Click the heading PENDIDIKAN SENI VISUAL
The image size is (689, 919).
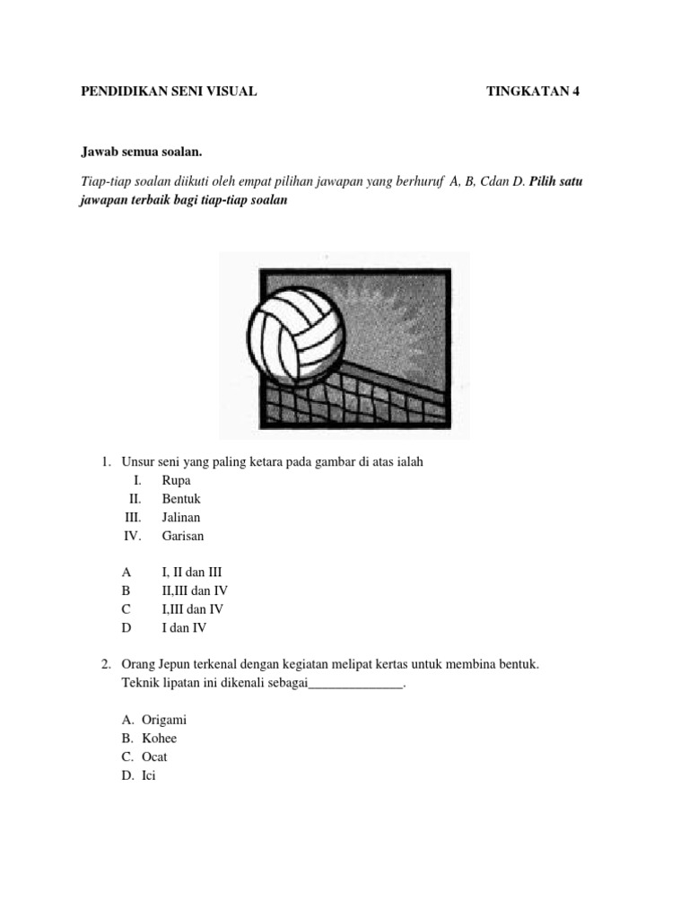click(170, 92)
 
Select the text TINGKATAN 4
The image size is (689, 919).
click(528, 92)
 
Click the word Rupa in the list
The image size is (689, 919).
click(177, 480)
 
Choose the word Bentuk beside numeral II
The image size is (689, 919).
click(181, 499)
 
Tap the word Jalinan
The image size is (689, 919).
click(181, 518)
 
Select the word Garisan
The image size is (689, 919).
click(183, 537)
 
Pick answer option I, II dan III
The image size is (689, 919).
click(191, 572)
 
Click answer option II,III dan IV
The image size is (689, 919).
click(195, 591)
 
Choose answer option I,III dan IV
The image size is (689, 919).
click(193, 609)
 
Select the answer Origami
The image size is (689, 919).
click(164, 720)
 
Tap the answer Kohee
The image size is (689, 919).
click(160, 739)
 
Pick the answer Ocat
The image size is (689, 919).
click(154, 757)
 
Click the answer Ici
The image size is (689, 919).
click(149, 776)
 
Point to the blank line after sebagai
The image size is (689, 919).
click(356, 684)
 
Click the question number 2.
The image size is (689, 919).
click(106, 665)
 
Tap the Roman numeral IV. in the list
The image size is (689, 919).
click(133, 537)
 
